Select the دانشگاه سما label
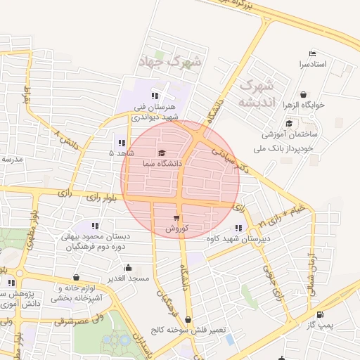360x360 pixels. (162, 163)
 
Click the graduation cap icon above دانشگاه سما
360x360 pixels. (162, 153)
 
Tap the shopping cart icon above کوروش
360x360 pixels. (176, 218)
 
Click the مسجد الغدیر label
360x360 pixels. (129, 278)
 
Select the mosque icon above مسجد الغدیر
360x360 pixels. (128, 268)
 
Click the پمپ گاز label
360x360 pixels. (321, 325)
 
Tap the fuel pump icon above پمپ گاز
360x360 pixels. (321, 314)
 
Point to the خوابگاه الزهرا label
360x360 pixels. (303, 105)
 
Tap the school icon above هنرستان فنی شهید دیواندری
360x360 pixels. (155, 96)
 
